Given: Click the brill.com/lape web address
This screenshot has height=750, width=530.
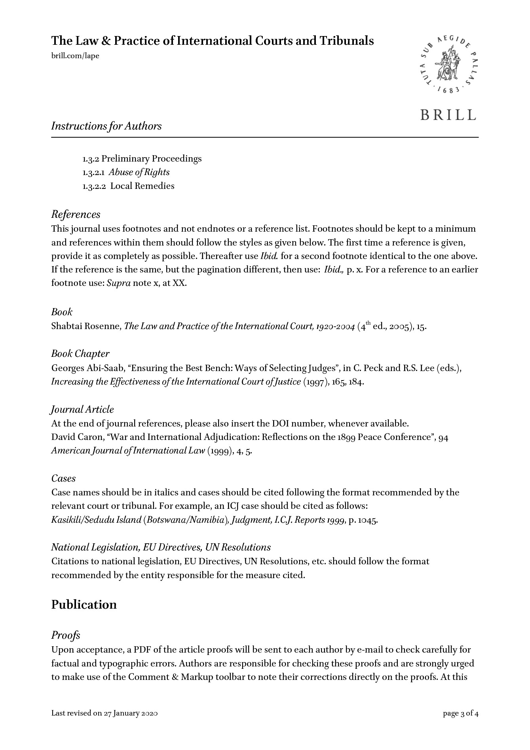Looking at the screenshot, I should click(x=75, y=56).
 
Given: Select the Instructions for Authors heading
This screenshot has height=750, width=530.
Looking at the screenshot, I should click(x=106, y=126).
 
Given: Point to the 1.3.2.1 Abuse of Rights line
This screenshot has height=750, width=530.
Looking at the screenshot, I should click(x=126, y=172).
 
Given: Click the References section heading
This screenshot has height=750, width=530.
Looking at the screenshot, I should click(x=76, y=215).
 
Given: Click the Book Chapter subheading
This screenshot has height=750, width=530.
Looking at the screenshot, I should click(x=80, y=354).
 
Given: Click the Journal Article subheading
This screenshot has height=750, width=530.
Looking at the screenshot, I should click(x=82, y=409).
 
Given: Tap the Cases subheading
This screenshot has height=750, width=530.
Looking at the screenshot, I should click(x=63, y=478).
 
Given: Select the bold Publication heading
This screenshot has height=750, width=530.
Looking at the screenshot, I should click(x=84, y=605).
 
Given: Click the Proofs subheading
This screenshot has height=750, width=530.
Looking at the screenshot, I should click(x=66, y=635).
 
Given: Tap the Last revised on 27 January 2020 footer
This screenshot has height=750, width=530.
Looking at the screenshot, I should click(x=105, y=714).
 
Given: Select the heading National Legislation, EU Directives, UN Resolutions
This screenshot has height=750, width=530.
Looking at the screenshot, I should click(x=161, y=547).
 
